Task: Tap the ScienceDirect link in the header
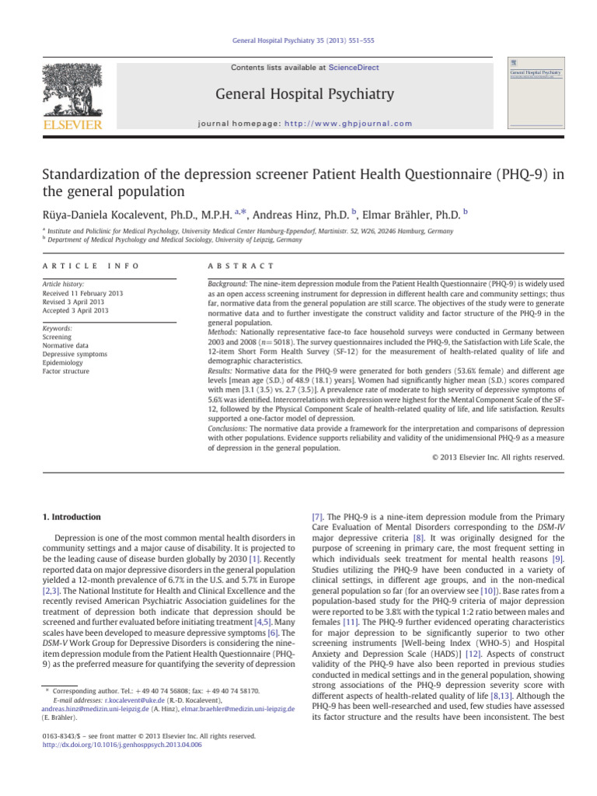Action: pos(354,68)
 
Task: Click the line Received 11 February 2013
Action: pos(83,295)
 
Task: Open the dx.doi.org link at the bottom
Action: pos(121,744)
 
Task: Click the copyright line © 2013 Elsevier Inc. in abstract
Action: pos(497,457)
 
